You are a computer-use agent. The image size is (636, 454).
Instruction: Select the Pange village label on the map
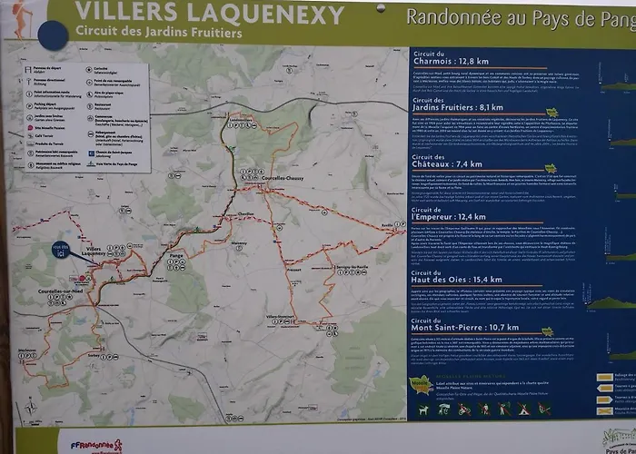point(178,257)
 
